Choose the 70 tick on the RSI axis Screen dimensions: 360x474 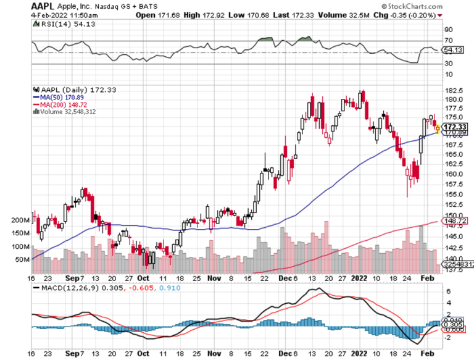click(448, 41)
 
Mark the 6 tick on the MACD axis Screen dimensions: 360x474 click(448, 291)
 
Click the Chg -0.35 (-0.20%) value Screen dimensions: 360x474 click(414, 13)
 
